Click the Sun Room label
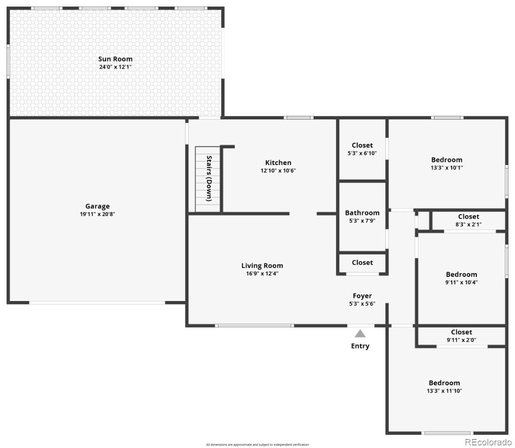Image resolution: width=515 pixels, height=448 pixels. tap(115, 59)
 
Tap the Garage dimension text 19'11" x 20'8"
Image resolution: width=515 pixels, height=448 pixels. tap(97, 214)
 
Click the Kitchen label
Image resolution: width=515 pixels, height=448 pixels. tap(278, 163)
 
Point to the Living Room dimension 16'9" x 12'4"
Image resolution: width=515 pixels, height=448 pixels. tap(262, 274)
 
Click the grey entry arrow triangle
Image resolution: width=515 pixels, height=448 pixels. tap(360, 333)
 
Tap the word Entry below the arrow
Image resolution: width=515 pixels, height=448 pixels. tap(360, 346)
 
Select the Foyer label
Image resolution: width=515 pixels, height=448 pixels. tap(362, 296)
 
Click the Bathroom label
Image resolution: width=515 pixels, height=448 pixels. tap(362, 213)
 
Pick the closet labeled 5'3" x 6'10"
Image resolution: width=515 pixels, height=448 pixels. tap(362, 149)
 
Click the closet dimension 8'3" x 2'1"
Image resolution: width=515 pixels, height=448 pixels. tap(468, 225)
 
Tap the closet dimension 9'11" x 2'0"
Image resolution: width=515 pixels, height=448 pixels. tap(461, 340)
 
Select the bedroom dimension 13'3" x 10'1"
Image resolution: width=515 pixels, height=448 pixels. tap(447, 168)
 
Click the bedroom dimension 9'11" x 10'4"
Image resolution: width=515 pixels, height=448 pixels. tap(461, 282)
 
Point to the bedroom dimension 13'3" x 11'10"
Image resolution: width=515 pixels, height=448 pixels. tap(444, 391)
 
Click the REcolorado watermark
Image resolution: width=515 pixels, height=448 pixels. tap(488, 442)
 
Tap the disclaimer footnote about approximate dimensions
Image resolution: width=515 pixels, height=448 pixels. tap(257, 444)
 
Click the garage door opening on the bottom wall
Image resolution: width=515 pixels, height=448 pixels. tap(97, 303)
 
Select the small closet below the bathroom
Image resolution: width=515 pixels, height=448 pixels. tap(362, 263)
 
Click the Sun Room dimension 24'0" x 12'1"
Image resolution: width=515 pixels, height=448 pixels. tap(115, 67)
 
